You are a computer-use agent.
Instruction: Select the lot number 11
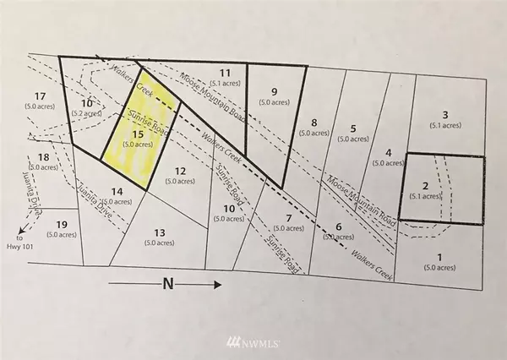pyautogui.click(x=225, y=72)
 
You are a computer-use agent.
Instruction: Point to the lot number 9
pyautogui.click(x=274, y=91)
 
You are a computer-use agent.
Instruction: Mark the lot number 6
pyautogui.click(x=339, y=227)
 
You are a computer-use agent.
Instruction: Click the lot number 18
pyautogui.click(x=45, y=158)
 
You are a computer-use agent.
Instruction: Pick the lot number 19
pyautogui.click(x=60, y=224)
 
